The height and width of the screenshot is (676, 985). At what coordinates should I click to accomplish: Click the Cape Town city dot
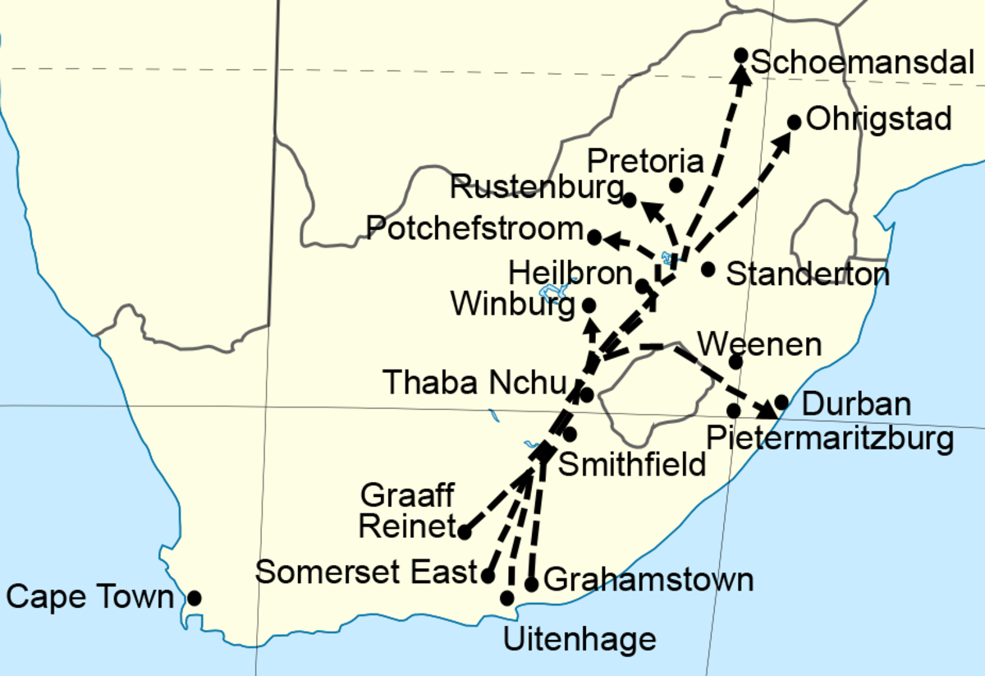[195, 598]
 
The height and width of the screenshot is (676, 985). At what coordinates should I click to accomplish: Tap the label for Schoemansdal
[862, 62]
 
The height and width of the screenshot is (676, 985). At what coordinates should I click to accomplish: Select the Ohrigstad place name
[879, 119]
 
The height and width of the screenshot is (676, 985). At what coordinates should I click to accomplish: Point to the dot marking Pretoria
[676, 186]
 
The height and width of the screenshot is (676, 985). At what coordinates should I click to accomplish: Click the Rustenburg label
[536, 189]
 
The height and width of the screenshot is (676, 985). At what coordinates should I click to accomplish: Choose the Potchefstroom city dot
[594, 237]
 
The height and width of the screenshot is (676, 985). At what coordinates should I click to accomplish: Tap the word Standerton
[808, 274]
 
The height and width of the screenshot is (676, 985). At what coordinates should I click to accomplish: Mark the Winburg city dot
[589, 305]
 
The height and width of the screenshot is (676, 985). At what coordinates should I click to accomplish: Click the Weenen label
[758, 344]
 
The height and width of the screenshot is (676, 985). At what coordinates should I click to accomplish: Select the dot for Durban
[781, 402]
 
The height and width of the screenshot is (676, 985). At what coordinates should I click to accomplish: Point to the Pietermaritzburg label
[830, 439]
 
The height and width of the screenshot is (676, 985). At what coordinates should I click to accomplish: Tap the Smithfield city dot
[570, 434]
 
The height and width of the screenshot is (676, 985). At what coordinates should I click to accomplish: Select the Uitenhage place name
[580, 639]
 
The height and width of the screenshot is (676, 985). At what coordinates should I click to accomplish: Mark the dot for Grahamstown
[531, 585]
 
